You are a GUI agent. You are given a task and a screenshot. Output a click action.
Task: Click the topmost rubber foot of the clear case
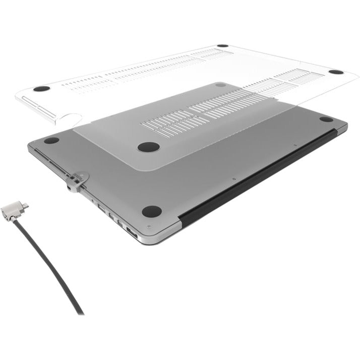click(x=223, y=46)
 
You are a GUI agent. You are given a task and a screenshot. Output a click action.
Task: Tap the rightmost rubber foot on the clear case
click(x=336, y=72)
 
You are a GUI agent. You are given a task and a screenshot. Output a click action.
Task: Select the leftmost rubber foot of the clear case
click(x=42, y=89)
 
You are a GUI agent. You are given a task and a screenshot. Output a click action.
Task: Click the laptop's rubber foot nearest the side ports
click(x=151, y=211)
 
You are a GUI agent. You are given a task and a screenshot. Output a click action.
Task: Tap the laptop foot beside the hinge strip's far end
click(x=326, y=119)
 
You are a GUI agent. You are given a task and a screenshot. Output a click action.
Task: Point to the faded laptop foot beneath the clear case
click(x=220, y=85)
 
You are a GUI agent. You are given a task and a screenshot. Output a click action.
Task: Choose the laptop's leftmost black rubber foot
click(x=51, y=141)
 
